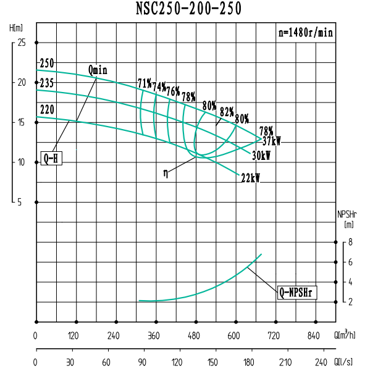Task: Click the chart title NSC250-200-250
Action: [x=188, y=9]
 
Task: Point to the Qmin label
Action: [x=98, y=70]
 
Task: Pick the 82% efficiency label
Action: [x=227, y=112]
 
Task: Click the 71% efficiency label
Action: [x=145, y=83]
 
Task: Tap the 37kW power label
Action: [x=271, y=141]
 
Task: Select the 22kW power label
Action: [x=250, y=178]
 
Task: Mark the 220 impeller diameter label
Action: [x=46, y=110]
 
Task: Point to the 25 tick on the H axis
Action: [x=22, y=43]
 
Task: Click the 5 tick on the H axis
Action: [x=19, y=202]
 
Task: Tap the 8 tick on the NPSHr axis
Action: [x=350, y=243]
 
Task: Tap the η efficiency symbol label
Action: [x=165, y=174]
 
